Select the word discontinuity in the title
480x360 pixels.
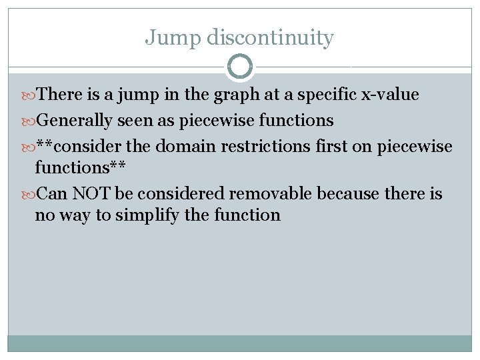pos(270,38)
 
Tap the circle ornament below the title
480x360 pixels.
pos(240,67)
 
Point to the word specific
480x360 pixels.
pos(324,95)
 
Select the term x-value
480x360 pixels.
pos(389,95)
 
